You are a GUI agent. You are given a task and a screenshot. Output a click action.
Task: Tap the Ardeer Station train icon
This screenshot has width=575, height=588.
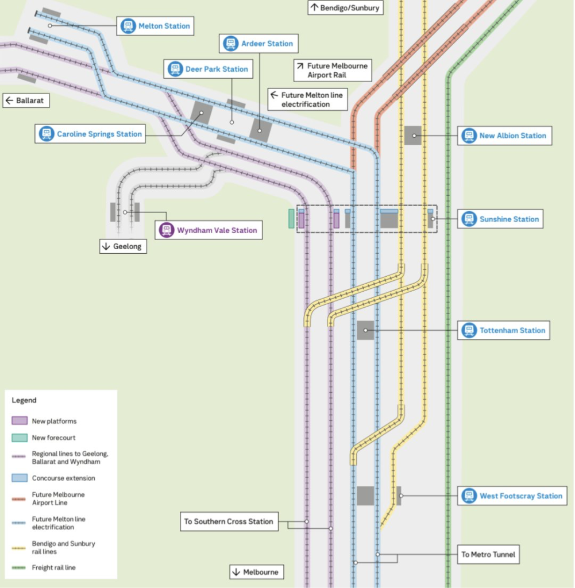pos(231,44)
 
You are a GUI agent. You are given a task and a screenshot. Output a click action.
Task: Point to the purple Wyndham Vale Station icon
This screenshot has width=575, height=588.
pos(167,230)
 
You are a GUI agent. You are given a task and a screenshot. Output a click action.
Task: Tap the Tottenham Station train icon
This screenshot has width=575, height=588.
pos(469,330)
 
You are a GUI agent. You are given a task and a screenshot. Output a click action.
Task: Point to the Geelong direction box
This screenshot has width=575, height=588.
pos(123,246)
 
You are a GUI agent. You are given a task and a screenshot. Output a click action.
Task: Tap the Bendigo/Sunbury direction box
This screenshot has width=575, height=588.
pos(345,8)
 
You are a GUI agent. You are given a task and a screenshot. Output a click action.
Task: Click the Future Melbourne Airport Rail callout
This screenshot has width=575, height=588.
pos(332,71)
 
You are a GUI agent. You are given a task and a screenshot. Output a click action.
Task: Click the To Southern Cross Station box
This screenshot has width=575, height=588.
pos(229,521)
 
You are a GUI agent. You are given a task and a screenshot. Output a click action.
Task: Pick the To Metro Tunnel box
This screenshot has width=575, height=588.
pos(489,555)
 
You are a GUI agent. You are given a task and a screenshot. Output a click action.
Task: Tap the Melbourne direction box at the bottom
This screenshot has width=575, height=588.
pos(256,572)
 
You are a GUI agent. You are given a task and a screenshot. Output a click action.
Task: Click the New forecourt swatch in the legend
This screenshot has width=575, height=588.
pos(20,438)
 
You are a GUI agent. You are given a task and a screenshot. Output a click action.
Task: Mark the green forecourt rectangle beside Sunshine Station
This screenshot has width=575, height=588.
pos(291,219)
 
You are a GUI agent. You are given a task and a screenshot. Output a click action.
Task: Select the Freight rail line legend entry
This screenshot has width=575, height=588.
pos(53,567)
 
